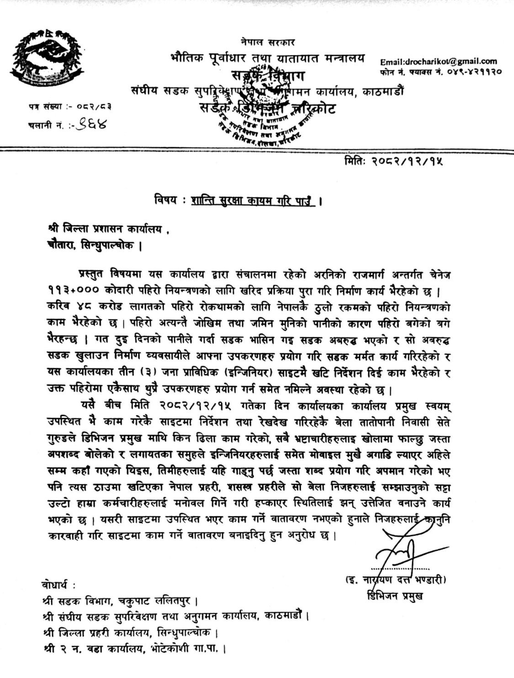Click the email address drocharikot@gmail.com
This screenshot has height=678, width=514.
coord(438,61)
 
